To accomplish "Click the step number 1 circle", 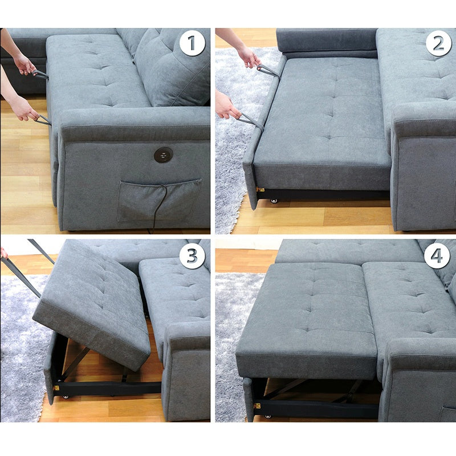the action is point(192,43).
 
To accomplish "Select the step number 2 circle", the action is point(438,43).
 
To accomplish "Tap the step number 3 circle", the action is point(192,256).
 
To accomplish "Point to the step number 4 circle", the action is point(437,256).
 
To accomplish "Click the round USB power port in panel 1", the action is point(164,154).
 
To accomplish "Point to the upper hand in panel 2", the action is point(249,57).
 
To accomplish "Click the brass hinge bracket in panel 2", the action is point(260,190).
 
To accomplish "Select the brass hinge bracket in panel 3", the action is point(56,388).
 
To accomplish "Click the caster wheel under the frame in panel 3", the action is point(66,397).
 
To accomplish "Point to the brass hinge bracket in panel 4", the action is point(256,406).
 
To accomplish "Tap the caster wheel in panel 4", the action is point(267,417).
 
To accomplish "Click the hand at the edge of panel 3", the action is point(4,253).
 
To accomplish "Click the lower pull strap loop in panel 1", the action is point(42,120).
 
